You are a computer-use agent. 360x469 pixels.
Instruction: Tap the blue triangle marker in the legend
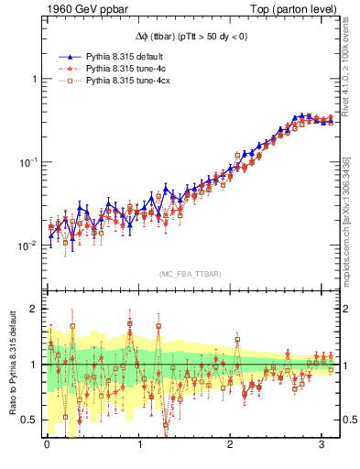pyautogui.click(x=66, y=57)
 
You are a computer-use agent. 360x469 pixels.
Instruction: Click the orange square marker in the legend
pyautogui.click(x=66, y=81)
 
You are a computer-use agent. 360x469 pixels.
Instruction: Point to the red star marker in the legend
pyautogui.click(x=66, y=69)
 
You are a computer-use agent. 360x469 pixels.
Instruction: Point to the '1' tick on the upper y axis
pyautogui.click(x=34, y=79)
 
